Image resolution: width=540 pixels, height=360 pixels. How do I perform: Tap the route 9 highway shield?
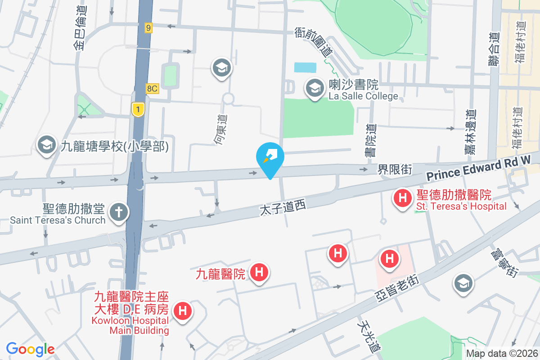148,28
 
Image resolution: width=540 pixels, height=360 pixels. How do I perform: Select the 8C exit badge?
152,89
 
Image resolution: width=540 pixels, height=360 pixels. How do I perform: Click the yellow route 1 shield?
138,109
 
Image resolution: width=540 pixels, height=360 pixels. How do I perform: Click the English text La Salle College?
364,96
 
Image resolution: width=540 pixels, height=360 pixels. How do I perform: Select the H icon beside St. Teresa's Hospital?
402,198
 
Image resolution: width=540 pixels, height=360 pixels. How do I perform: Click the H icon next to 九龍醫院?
259,272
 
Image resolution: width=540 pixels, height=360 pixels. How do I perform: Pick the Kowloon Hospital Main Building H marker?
183,310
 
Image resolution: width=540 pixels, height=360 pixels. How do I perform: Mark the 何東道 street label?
221,130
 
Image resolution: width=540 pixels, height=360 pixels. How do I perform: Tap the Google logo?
31,349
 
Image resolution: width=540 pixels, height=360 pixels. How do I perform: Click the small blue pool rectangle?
305,67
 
